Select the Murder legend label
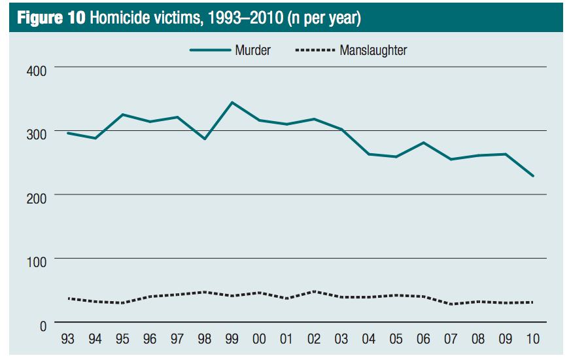coord(252,50)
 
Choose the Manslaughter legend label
coord(373,50)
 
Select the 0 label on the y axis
coord(43,326)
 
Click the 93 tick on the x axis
coord(68,340)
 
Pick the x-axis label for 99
coord(232,340)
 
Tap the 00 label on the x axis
coord(260,340)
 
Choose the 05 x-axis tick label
coord(396,340)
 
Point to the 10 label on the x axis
coord(533,340)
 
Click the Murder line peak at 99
coord(232,102)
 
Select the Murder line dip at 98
coord(205,139)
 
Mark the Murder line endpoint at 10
coord(533,176)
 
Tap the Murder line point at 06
coord(424,143)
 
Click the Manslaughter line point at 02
coord(315,291)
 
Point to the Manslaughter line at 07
coord(451,304)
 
